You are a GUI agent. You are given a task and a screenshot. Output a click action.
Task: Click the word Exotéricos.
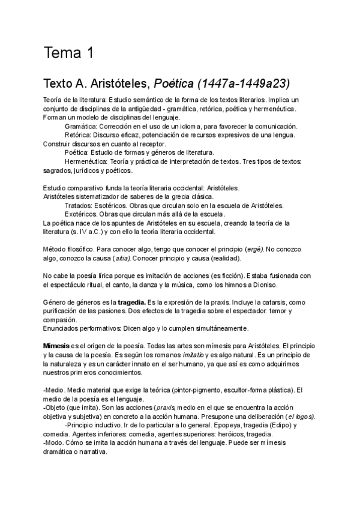[82, 214]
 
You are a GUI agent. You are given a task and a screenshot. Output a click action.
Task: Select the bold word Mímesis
[56, 346]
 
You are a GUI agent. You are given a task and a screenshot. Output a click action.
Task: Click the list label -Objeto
[57, 408]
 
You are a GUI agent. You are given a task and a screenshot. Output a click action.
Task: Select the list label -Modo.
[55, 443]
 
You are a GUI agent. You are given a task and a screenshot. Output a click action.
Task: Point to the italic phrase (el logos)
[299, 417]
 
